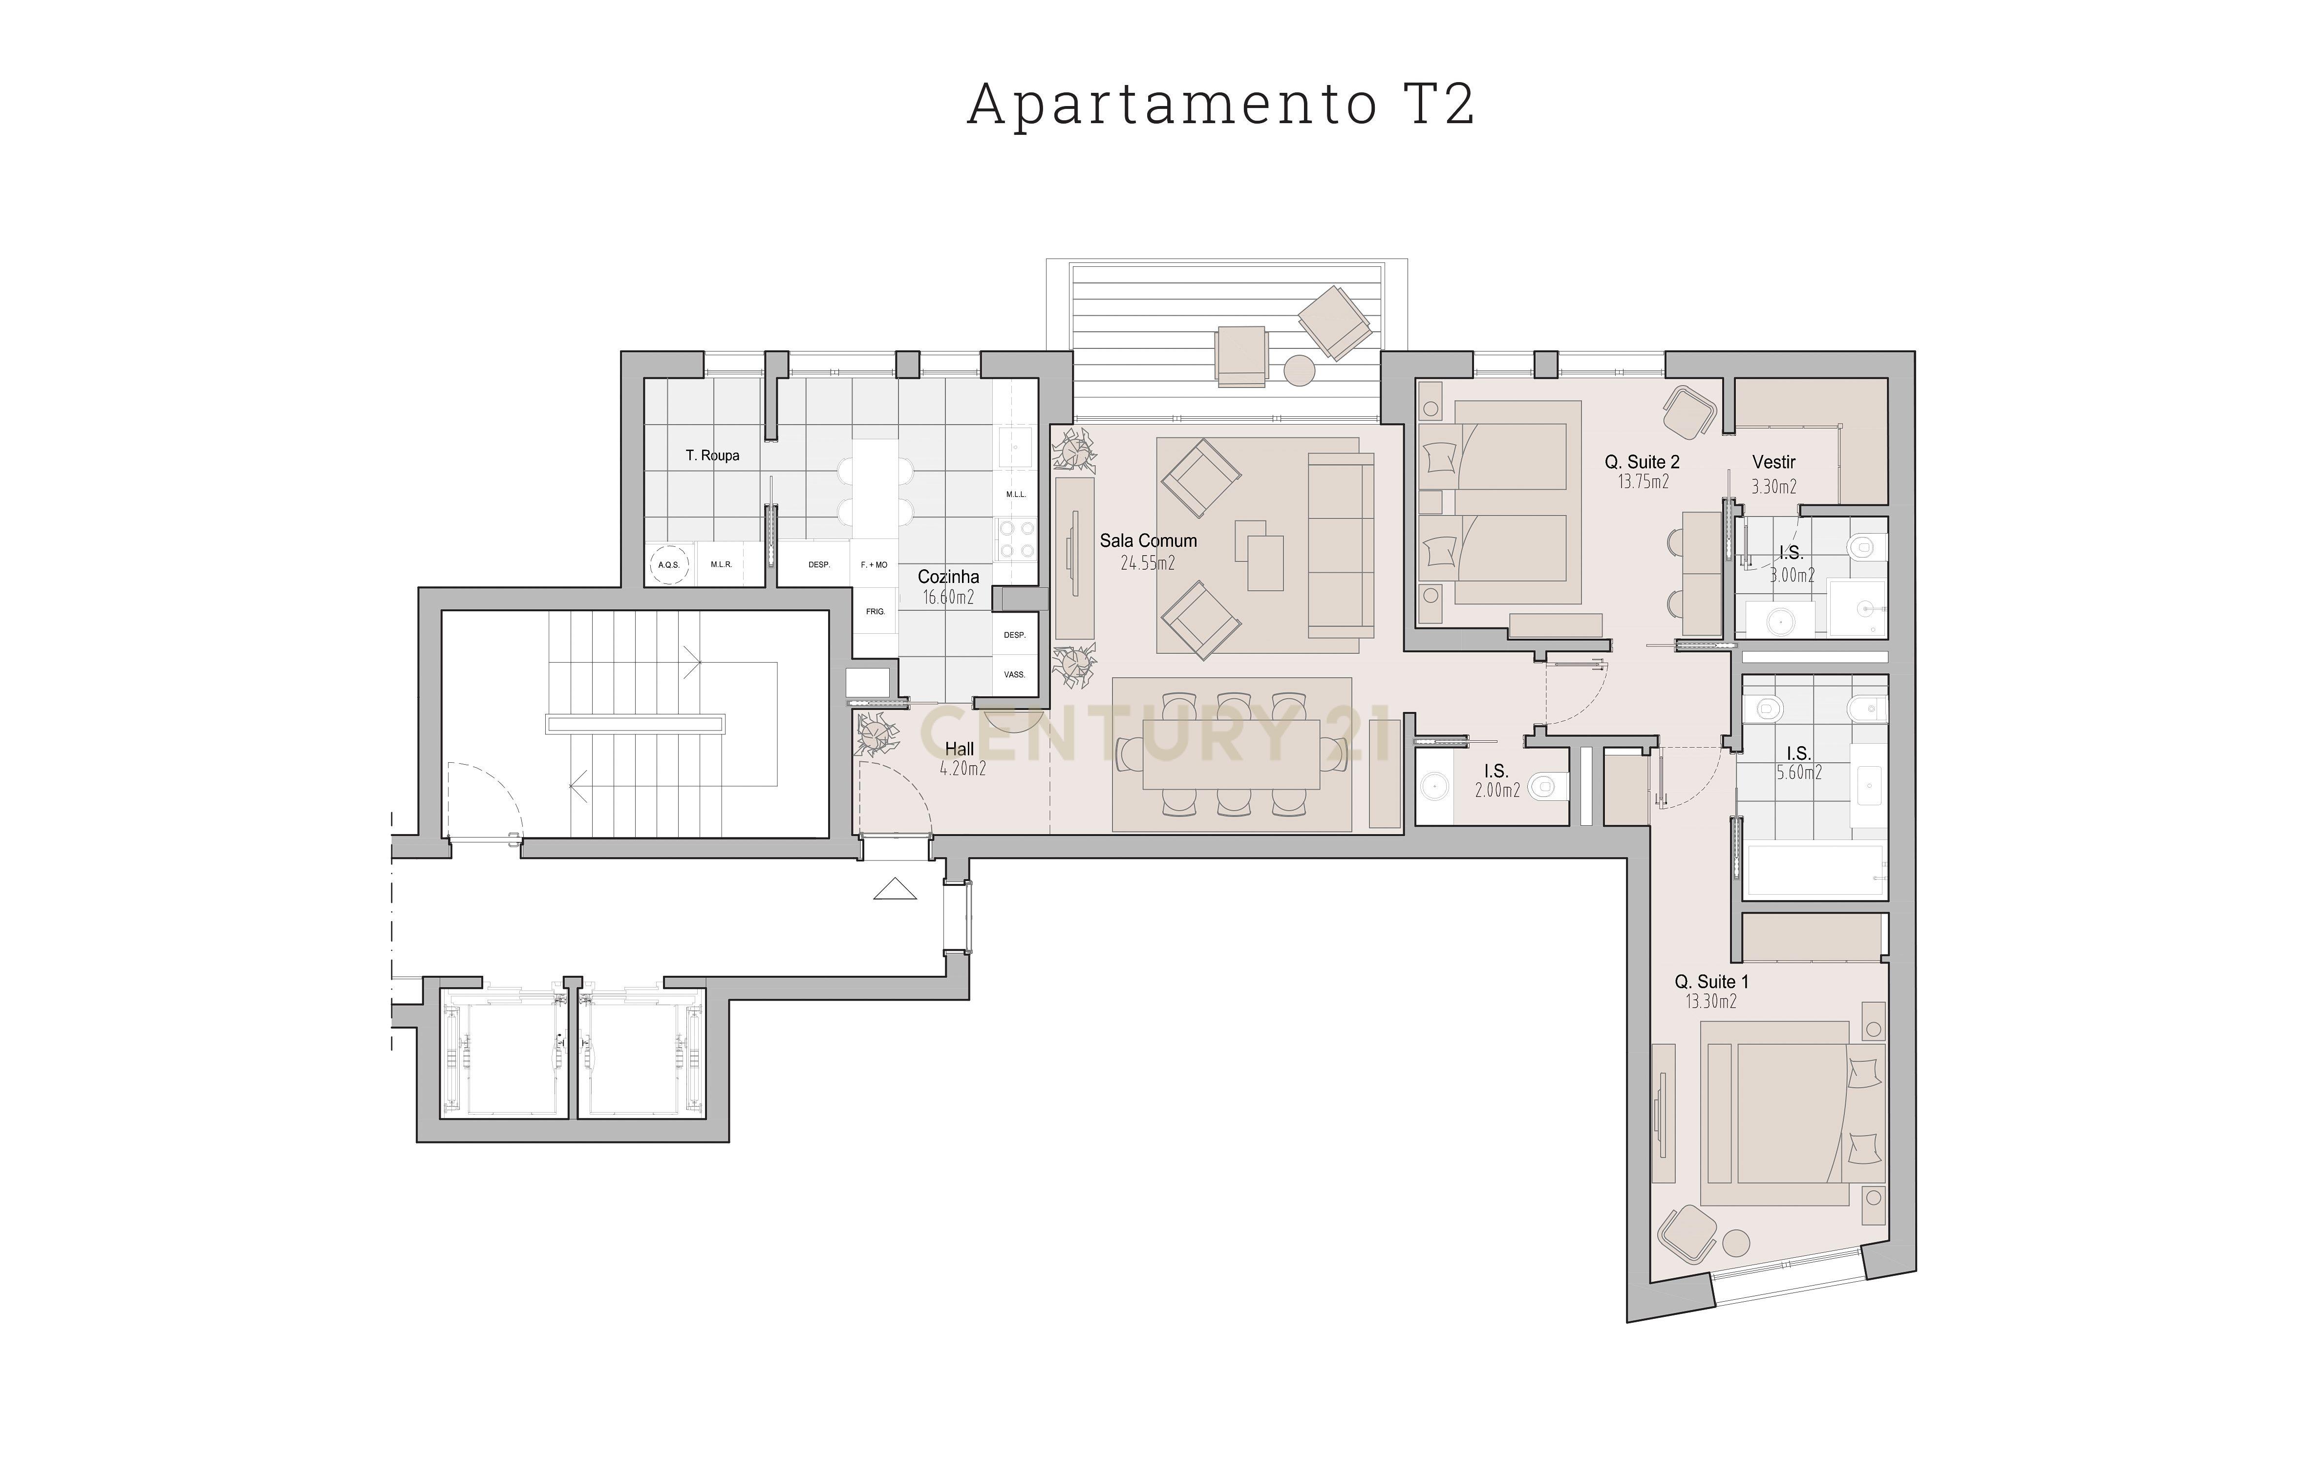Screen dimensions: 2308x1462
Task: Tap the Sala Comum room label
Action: pyautogui.click(x=1148, y=541)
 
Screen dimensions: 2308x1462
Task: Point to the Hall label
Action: pyautogui.click(x=960, y=749)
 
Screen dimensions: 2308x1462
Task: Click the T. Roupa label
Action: pyautogui.click(x=712, y=455)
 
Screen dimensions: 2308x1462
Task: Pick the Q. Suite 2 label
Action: pyautogui.click(x=1643, y=462)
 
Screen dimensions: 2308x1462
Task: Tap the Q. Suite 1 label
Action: pyautogui.click(x=1712, y=982)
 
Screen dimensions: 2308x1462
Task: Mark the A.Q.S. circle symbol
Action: pyautogui.click(x=668, y=565)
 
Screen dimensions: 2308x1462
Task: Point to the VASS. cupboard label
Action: pyautogui.click(x=1014, y=674)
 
